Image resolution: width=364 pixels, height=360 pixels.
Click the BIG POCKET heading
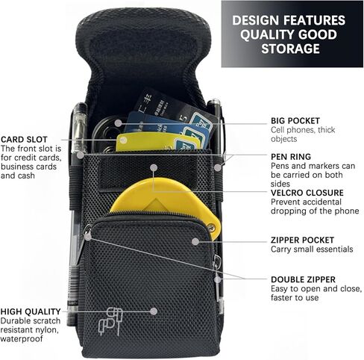(x=295, y=121)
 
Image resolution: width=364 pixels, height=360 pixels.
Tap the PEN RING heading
(x=291, y=157)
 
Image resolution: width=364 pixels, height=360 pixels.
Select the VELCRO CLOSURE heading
(x=307, y=193)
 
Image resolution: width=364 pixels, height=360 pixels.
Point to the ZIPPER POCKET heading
(x=302, y=240)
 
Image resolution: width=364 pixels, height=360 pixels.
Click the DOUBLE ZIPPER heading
(x=303, y=279)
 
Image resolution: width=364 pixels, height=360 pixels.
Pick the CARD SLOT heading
(x=24, y=139)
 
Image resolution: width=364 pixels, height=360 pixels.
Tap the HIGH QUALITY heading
(x=31, y=311)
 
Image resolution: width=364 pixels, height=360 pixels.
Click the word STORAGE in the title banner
(x=290, y=49)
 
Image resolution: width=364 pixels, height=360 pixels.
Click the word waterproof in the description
(x=22, y=339)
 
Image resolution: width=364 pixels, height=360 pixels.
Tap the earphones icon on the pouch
(x=110, y=321)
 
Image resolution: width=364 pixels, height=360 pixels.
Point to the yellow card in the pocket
(x=158, y=142)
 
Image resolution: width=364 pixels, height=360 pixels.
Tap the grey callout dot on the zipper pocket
(x=195, y=241)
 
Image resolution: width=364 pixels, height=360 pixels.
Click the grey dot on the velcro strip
(x=154, y=167)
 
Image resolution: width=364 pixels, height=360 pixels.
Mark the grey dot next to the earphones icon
(x=154, y=311)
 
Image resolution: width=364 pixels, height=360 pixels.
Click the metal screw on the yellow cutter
(x=212, y=227)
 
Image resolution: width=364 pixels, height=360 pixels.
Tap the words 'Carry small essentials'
(x=312, y=249)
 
